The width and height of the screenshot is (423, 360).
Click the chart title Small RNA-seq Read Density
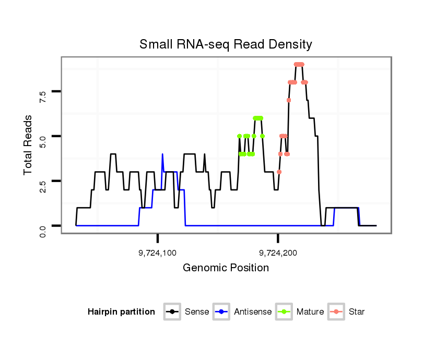coord(226,44)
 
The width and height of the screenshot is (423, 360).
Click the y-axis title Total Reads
coord(29,145)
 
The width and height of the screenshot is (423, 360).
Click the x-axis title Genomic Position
coord(226,268)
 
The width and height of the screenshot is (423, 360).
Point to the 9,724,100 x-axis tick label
coord(158,253)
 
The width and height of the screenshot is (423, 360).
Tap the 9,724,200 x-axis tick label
coord(278,253)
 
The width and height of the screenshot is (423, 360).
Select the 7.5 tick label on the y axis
coord(43,96)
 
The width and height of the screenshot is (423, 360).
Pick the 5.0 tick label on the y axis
coord(43,141)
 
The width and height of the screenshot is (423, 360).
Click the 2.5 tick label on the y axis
coord(43,185)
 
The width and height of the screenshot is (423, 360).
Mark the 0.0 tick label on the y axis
coord(43,230)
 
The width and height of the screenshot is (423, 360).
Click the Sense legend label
coord(197,312)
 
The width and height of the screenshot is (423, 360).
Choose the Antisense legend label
coord(253,312)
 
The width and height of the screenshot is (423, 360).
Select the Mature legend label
coord(310,312)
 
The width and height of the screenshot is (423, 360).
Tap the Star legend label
coord(357,312)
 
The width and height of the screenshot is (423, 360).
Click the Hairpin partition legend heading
coord(122,312)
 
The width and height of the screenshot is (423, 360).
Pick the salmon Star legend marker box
coord(337,312)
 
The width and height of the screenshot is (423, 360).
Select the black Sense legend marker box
coord(173,312)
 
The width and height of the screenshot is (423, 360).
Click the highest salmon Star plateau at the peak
coord(299,64)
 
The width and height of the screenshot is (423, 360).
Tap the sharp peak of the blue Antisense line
coord(162,154)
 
